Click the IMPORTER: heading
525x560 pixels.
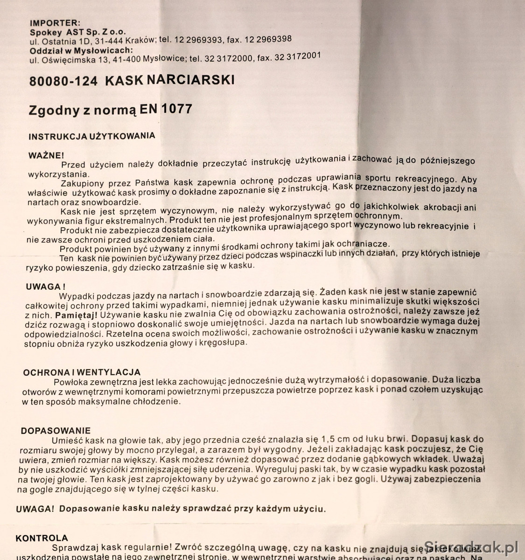coord(55,22)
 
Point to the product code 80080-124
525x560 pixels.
coord(63,81)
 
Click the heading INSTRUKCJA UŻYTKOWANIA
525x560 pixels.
coord(91,137)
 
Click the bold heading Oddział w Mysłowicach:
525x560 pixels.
coord(81,50)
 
